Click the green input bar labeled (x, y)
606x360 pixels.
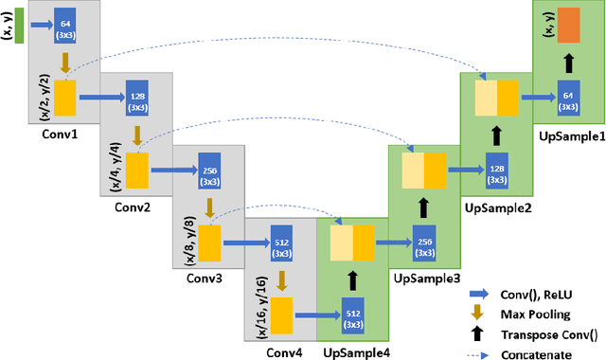(x=19, y=25)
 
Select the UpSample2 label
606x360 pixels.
(x=497, y=206)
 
